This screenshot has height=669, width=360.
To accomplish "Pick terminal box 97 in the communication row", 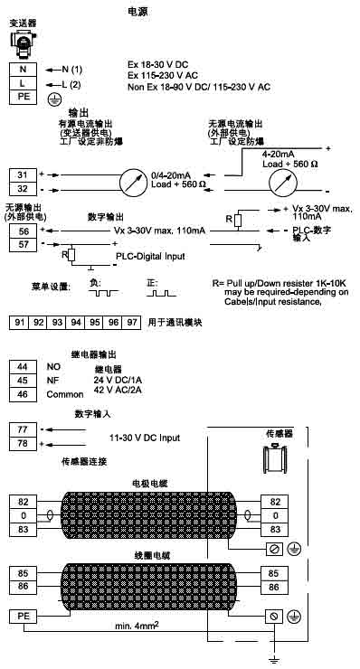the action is click(132, 322).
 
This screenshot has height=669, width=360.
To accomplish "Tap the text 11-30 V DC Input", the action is click(145, 438).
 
